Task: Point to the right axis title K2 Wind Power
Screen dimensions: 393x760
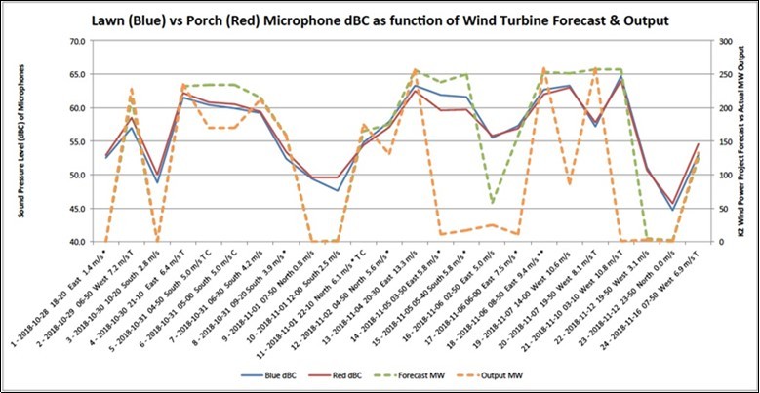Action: coord(744,141)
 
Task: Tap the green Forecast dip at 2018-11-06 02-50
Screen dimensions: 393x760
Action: coord(492,203)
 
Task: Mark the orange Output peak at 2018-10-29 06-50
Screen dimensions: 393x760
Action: coord(131,90)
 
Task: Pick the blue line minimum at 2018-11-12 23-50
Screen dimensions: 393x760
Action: coord(672,210)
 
